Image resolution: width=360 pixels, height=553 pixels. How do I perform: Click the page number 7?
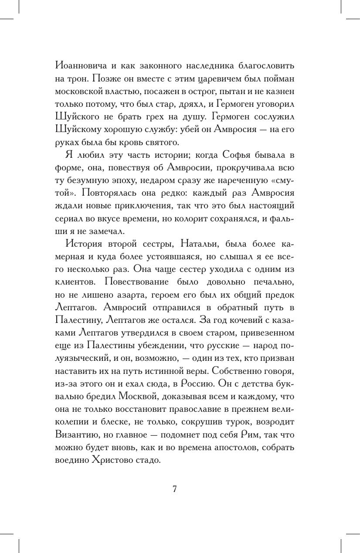[x=174, y=489]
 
